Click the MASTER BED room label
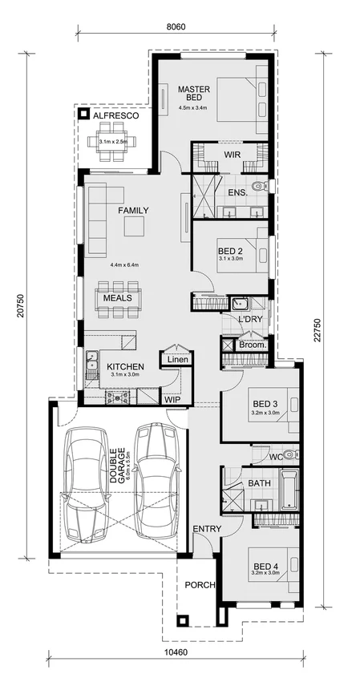coord(193,93)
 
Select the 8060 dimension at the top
coord(176,26)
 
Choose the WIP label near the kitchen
coord(172,398)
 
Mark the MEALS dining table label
coord(117,298)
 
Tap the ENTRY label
coord(207,530)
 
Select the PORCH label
coord(200,584)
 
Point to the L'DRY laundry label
coord(251,320)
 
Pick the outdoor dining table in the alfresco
coord(113,142)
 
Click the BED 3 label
coord(265,403)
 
